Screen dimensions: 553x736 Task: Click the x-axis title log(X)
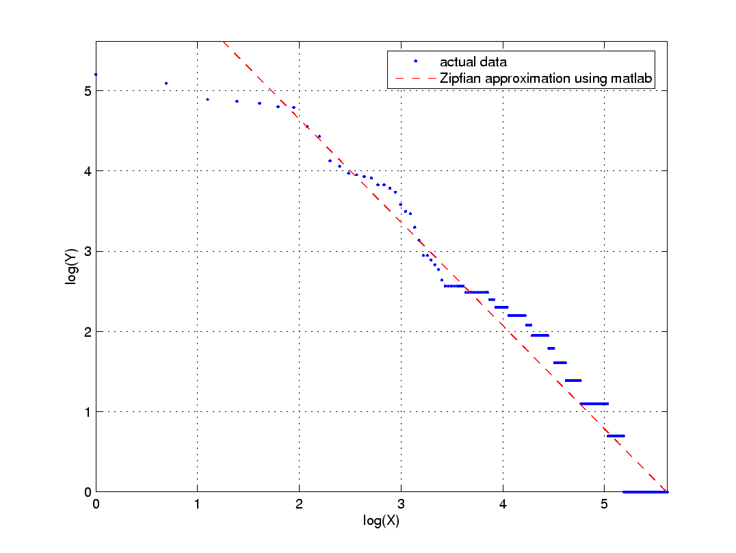tap(381, 521)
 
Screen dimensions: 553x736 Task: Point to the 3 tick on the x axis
tap(401, 505)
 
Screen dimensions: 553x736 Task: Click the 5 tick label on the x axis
tap(604, 505)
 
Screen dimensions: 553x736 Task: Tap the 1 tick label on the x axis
tap(197, 505)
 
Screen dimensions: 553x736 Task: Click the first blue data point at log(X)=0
tap(96, 74)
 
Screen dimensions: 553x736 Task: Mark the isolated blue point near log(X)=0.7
tap(166, 83)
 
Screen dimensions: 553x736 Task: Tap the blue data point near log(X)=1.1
tap(207, 99)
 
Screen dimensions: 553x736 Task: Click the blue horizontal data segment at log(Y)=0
tap(645, 491)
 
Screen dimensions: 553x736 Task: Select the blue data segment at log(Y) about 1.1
tap(593, 403)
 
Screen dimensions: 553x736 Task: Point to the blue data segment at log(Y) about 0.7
tap(616, 435)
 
